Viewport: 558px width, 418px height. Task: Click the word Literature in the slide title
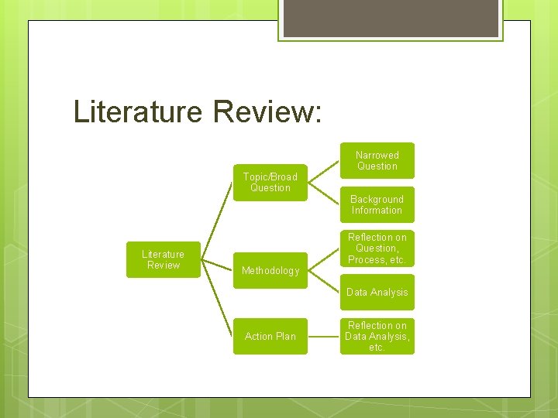point(137,111)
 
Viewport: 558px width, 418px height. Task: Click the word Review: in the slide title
point(264,111)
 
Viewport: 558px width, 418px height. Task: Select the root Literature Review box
point(163,259)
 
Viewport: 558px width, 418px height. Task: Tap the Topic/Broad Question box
point(270,183)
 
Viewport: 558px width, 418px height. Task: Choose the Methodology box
point(270,270)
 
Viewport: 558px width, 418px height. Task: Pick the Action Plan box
point(270,336)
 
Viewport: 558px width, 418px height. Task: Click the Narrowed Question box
point(377,160)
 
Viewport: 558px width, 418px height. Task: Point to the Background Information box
point(377,204)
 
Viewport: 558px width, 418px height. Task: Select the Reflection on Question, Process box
point(377,248)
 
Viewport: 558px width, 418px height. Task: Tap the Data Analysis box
point(377,292)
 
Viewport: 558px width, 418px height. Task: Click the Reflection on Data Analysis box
point(377,336)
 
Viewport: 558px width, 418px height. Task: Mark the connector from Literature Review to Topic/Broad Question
point(218,221)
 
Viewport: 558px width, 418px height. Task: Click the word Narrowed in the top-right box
point(377,155)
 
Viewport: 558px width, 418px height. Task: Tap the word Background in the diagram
point(377,199)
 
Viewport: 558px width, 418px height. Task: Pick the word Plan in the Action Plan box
point(286,336)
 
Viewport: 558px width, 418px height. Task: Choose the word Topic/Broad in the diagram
point(270,176)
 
